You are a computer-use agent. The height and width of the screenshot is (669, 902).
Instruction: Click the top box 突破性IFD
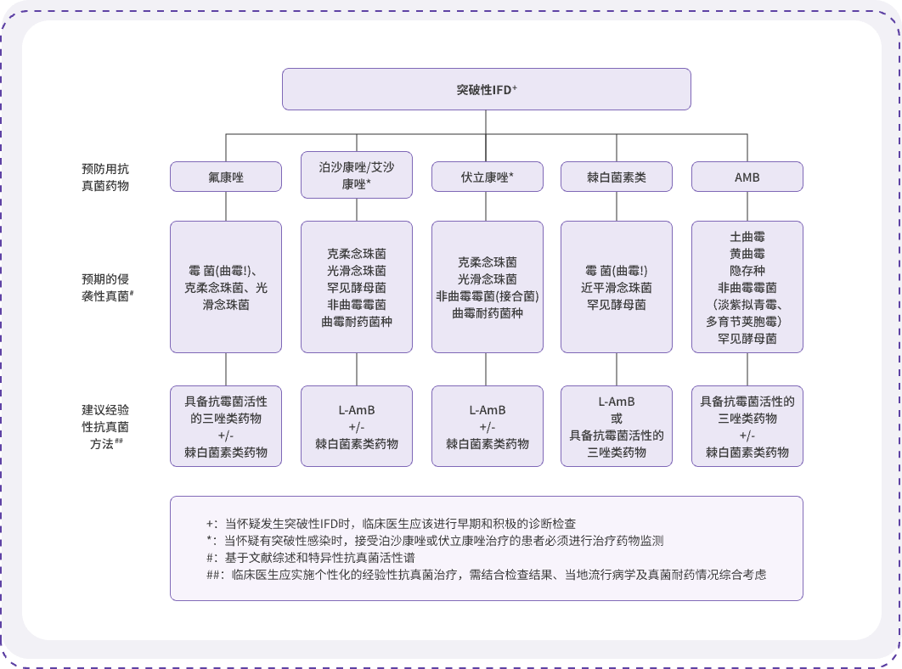pyautogui.click(x=485, y=89)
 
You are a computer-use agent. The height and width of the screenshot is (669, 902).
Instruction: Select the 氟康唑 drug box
pyautogui.click(x=225, y=177)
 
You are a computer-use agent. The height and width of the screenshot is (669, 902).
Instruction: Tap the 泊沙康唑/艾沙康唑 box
pyautogui.click(x=356, y=176)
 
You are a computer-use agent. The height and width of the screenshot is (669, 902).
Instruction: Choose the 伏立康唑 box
pyautogui.click(x=487, y=177)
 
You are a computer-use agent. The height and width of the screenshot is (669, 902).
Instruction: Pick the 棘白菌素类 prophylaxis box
pyautogui.click(x=617, y=177)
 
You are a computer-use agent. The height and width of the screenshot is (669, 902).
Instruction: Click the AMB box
pyautogui.click(x=747, y=177)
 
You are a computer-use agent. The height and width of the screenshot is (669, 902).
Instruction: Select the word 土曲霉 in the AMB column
pyautogui.click(x=747, y=236)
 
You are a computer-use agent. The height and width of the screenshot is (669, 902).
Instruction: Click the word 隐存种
pyautogui.click(x=747, y=270)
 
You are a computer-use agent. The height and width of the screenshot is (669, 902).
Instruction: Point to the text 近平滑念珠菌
pyautogui.click(x=617, y=287)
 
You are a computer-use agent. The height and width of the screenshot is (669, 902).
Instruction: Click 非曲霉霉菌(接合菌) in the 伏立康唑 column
pyautogui.click(x=487, y=295)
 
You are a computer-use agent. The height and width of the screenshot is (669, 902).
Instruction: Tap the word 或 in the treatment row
pyautogui.click(x=617, y=419)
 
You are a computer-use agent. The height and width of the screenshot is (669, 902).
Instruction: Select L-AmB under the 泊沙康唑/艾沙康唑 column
pyautogui.click(x=356, y=410)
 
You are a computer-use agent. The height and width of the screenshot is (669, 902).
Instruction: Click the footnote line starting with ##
pyautogui.click(x=486, y=574)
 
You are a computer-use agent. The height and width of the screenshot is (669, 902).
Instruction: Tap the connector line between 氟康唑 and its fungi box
pyautogui.click(x=225, y=206)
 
